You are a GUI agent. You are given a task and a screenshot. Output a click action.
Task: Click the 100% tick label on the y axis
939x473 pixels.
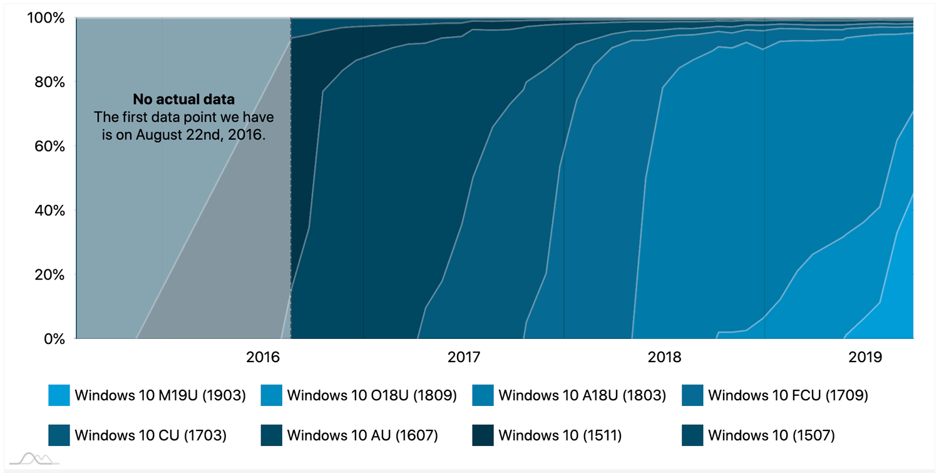pyautogui.click(x=46, y=18)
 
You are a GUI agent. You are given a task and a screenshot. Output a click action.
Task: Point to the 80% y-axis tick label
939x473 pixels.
pyautogui.click(x=49, y=82)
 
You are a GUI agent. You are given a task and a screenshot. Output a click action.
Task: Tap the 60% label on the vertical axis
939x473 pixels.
pyautogui.click(x=49, y=146)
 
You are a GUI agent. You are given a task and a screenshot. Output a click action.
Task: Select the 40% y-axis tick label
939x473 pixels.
pyautogui.click(x=49, y=210)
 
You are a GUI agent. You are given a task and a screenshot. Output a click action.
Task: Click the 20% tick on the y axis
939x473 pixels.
pyautogui.click(x=49, y=274)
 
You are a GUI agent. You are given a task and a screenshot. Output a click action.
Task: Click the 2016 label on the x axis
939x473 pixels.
pyautogui.click(x=262, y=358)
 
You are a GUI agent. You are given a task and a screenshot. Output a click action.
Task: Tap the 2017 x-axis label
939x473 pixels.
pyautogui.click(x=463, y=358)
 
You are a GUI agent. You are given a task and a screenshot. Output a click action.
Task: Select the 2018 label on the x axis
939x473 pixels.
pyautogui.click(x=664, y=358)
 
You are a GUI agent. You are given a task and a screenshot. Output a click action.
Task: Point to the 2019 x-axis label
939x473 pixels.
pyautogui.click(x=865, y=358)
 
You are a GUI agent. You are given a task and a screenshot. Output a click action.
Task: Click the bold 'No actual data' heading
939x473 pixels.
pyautogui.click(x=183, y=99)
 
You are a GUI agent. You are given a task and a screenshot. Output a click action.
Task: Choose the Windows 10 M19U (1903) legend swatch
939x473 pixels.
pyautogui.click(x=59, y=395)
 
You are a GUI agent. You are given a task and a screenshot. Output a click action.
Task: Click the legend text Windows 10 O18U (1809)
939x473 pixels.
pyautogui.click(x=371, y=395)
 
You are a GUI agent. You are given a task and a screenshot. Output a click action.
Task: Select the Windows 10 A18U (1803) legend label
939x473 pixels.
pyautogui.click(x=582, y=395)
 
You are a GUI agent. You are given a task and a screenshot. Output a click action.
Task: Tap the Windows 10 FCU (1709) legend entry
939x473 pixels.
pyautogui.click(x=788, y=395)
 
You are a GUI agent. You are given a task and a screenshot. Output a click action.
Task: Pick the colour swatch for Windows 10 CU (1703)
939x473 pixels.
pyautogui.click(x=59, y=435)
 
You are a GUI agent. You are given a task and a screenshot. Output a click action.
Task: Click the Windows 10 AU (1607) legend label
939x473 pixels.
pyautogui.click(x=362, y=435)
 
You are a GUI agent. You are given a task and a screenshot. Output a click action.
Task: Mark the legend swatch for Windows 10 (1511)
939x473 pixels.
pyautogui.click(x=483, y=435)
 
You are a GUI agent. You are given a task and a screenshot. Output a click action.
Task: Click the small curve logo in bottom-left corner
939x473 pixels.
pyautogui.click(x=34, y=459)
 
